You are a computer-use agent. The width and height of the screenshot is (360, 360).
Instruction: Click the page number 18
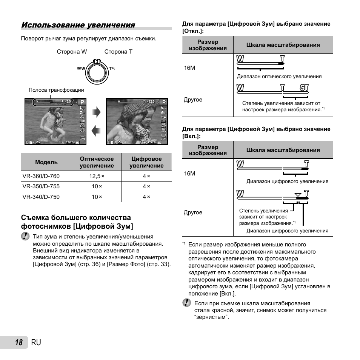[x=19, y=342]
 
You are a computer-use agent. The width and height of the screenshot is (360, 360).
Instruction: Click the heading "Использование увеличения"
[x=78, y=25]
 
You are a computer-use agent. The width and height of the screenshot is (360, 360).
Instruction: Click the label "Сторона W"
[x=72, y=52]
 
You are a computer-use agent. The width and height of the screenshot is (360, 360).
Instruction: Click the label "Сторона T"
[x=118, y=52]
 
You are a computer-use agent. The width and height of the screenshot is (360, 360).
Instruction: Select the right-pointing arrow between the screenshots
[x=97, y=112]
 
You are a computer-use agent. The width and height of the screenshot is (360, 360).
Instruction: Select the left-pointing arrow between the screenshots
[x=97, y=131]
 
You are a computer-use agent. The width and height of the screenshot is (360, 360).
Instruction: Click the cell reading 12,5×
[x=97, y=176]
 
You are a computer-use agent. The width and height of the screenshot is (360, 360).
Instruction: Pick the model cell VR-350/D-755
[x=41, y=186]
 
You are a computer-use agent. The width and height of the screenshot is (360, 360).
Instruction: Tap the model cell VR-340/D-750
[x=41, y=197]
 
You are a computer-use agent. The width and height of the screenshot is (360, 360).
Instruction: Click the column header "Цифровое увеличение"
[x=146, y=162]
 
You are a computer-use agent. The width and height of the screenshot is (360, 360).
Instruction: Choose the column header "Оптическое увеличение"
[x=97, y=162]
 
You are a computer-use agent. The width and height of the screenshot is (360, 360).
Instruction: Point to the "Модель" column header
[x=46, y=162]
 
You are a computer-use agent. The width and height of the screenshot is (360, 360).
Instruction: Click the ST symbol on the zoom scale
[x=304, y=88]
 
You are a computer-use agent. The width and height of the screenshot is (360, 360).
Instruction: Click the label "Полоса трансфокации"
[x=56, y=90]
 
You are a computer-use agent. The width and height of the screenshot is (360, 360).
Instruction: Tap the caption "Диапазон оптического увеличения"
[x=279, y=76]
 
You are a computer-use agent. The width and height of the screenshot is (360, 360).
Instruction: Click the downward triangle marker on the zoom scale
[x=298, y=195]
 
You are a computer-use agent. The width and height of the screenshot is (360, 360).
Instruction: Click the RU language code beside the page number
[x=36, y=342]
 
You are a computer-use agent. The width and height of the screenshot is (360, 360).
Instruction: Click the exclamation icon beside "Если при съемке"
[x=186, y=303]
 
